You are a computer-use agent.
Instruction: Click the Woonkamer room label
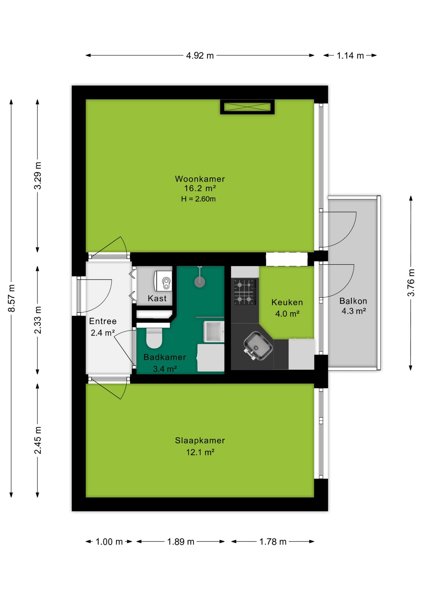click(200, 179)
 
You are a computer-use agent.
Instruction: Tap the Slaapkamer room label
click(200, 440)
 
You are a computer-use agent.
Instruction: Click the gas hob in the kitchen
click(245, 292)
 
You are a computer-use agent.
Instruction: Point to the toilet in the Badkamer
click(154, 338)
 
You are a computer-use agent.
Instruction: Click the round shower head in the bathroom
click(200, 282)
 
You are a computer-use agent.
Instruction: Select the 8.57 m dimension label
click(11, 298)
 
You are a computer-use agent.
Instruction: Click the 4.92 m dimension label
click(200, 56)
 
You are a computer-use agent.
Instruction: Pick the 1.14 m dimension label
click(350, 56)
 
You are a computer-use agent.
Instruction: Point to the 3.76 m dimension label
click(411, 283)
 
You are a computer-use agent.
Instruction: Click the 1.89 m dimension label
click(181, 542)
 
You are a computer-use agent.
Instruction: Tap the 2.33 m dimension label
click(38, 320)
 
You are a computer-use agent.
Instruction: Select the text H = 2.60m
click(198, 199)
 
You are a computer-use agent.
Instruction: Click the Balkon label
click(353, 301)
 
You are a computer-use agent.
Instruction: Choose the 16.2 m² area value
click(200, 188)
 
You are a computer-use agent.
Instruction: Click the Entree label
click(103, 321)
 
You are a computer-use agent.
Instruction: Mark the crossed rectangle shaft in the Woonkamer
click(247, 107)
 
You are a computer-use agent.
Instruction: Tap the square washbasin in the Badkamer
click(214, 331)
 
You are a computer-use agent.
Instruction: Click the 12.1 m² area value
click(200, 452)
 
